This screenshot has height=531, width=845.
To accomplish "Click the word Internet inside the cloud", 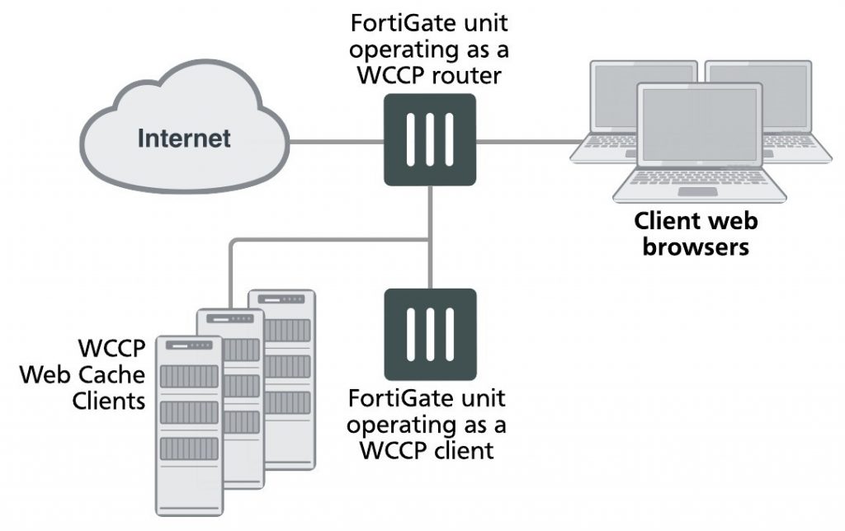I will coord(184,138).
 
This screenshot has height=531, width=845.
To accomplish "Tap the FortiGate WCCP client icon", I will coord(430,333).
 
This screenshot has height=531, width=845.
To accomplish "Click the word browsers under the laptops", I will coord(696,246).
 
